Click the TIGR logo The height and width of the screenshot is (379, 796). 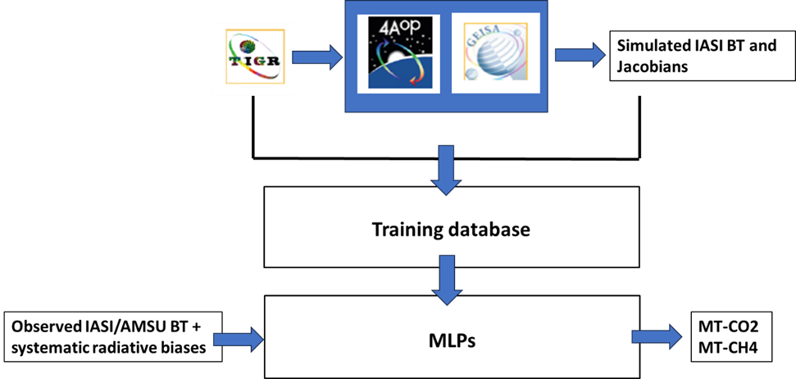(x=252, y=59)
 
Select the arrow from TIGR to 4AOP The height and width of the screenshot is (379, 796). (x=317, y=57)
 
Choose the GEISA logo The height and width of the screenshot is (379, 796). (x=496, y=53)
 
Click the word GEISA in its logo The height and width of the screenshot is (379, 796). (x=488, y=39)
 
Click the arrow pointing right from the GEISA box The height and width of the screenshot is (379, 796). (x=580, y=55)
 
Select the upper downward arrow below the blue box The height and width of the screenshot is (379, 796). (x=446, y=170)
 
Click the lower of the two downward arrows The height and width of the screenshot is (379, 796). (x=446, y=280)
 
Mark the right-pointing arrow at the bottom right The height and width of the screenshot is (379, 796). (x=657, y=336)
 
